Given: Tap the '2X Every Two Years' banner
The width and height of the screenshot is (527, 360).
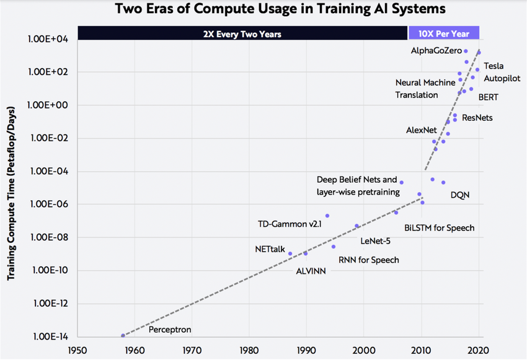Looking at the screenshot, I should [242, 34].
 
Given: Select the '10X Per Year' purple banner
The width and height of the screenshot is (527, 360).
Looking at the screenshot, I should [444, 34].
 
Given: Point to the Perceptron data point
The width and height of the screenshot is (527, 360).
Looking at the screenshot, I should [123, 335].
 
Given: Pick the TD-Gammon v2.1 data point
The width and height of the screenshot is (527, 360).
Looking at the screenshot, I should [327, 216].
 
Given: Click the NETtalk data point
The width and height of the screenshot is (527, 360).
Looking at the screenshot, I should [290, 253].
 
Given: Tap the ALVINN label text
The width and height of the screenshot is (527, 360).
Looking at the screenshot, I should [311, 271].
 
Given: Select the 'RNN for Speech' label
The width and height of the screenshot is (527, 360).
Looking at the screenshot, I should [368, 260].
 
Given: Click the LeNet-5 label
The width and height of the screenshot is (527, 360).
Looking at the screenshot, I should [376, 241].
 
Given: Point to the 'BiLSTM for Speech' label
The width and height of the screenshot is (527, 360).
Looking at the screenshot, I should [439, 227].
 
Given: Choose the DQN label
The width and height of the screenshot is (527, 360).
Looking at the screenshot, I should [459, 195].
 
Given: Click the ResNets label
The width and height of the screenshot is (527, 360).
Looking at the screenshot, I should [477, 117].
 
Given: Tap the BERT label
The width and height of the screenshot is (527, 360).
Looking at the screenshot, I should [488, 97].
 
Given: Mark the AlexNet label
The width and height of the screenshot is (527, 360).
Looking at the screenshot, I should [422, 130].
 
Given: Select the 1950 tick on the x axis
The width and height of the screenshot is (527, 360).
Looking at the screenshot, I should [77, 349].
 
